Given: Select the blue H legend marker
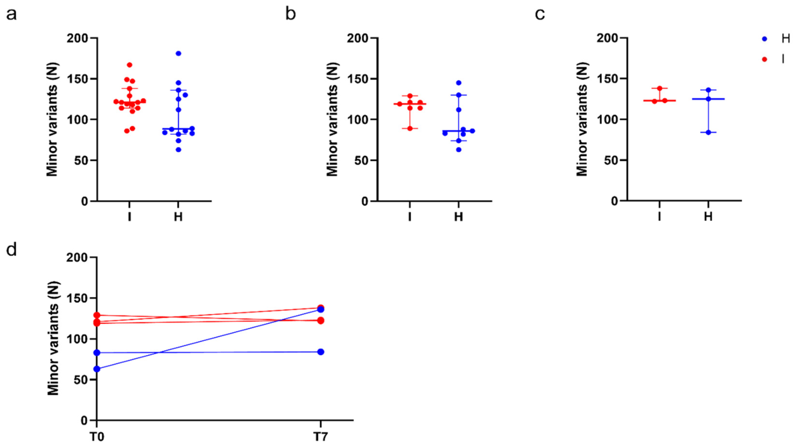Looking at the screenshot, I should [x=765, y=39].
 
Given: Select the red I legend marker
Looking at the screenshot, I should [x=765, y=59].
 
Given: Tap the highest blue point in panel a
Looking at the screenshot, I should [x=178, y=53].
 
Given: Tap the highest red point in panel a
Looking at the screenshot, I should [x=130, y=65].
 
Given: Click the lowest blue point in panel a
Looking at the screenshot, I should [x=178, y=150].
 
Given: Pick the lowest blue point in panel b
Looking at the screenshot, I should [x=459, y=150].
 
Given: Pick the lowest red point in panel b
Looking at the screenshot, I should [x=410, y=128].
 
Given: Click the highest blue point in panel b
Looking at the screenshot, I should [x=459, y=83].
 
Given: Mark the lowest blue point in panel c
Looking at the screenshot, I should [x=708, y=132].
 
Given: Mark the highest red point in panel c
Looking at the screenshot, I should [x=660, y=89].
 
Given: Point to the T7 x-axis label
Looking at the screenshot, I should [x=321, y=437].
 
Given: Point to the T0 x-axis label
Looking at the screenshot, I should [x=97, y=437].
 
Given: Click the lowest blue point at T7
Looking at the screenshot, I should [x=321, y=352].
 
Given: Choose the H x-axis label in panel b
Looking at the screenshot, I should [x=459, y=217].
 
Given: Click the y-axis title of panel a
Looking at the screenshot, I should [x=52, y=119].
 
